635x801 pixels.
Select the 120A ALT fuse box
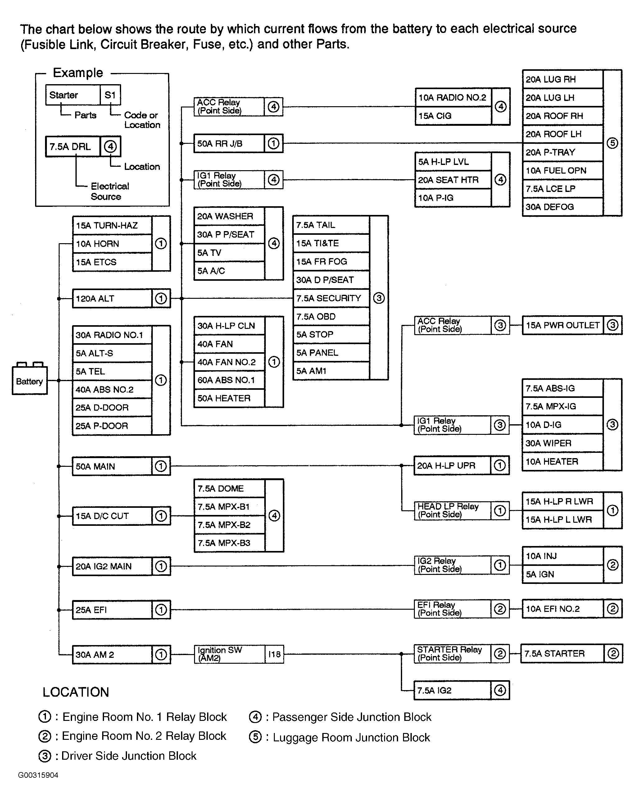[x=112, y=298]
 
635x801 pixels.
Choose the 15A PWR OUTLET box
[x=563, y=325]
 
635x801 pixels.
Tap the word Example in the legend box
[x=78, y=73]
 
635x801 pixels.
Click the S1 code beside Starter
[x=110, y=95]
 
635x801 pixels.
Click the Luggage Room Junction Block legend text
[x=351, y=737]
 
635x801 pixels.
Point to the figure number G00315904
[x=38, y=775]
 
